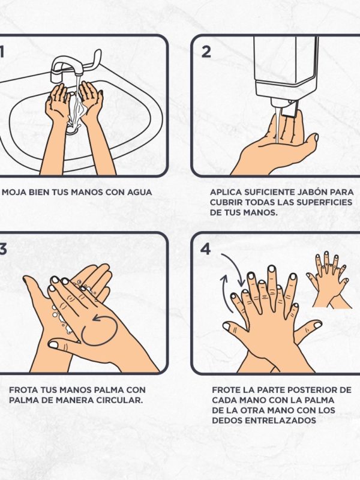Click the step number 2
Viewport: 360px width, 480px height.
coord(206,52)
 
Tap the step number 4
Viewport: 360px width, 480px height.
coord(206,248)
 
